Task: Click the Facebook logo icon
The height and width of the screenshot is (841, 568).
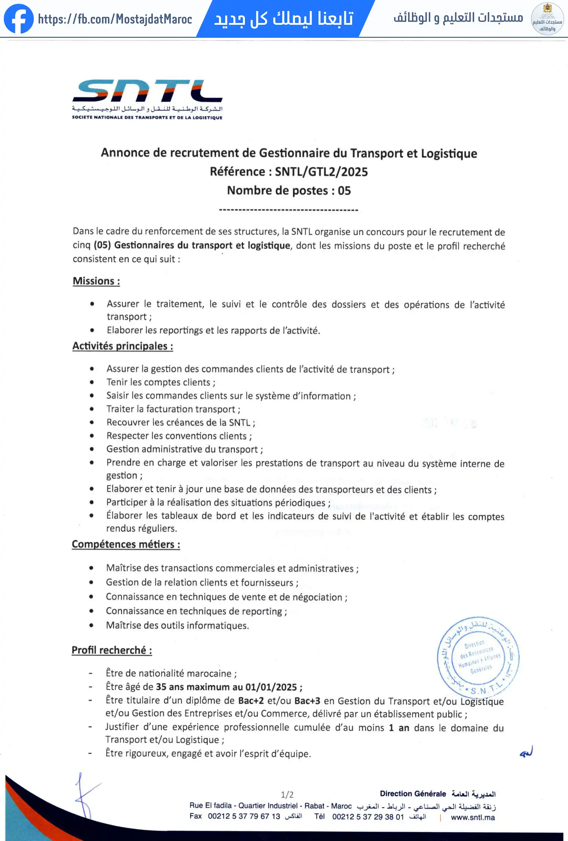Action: [19, 19]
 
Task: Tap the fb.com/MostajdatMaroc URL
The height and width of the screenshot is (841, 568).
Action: [115, 19]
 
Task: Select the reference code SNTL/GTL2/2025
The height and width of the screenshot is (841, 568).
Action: [321, 171]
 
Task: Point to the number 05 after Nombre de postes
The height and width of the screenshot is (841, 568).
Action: [344, 191]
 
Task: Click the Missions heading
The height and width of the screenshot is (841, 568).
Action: [96, 281]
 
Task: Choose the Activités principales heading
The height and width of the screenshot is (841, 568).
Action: [123, 346]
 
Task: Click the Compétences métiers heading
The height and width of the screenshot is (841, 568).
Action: [126, 544]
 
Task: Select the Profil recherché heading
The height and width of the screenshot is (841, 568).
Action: [112, 650]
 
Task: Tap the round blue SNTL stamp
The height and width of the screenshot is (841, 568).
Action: [478, 656]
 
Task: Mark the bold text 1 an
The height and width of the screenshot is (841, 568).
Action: [399, 728]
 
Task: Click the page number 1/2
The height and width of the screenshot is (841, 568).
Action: [287, 795]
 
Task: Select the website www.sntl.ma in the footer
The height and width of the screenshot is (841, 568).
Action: [473, 818]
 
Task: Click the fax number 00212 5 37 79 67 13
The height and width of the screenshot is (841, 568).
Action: [244, 816]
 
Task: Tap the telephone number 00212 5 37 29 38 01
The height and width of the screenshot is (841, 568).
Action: [368, 817]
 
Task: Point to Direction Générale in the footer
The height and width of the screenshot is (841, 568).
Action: [413, 794]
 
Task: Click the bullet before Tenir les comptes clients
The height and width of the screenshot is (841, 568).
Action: [92, 382]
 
